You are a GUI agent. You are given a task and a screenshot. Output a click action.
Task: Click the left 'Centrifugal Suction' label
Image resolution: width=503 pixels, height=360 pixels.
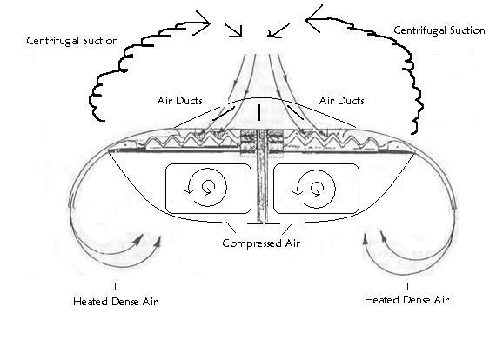point(72,41)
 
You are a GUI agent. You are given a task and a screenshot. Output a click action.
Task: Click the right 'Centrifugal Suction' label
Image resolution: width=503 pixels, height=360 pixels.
point(439,30)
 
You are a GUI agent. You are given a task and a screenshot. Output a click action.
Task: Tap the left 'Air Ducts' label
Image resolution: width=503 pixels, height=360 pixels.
point(179,101)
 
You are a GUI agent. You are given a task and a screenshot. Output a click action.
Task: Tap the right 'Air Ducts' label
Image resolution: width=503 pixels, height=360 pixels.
point(342,101)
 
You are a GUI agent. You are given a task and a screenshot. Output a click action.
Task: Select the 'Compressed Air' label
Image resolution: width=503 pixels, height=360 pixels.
point(261,243)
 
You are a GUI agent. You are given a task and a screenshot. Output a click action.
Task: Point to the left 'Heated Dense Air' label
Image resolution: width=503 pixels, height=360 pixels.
point(116,302)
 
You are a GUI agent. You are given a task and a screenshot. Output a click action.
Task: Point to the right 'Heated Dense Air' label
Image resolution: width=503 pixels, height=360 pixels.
point(406,300)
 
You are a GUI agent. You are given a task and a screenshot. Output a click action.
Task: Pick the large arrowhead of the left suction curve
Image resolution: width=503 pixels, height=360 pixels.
point(203,23)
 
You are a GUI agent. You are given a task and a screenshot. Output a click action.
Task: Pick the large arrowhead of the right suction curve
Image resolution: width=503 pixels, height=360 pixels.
point(312,19)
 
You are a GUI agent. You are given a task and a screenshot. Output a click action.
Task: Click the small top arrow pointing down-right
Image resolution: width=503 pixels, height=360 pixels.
point(233,30)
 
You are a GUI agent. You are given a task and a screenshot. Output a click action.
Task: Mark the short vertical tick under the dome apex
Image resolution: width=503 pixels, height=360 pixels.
point(259,113)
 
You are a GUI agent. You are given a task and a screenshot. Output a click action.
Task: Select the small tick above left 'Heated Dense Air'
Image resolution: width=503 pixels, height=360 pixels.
point(115,286)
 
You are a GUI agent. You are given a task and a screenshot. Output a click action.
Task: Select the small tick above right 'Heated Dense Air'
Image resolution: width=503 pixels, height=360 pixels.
point(407,286)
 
